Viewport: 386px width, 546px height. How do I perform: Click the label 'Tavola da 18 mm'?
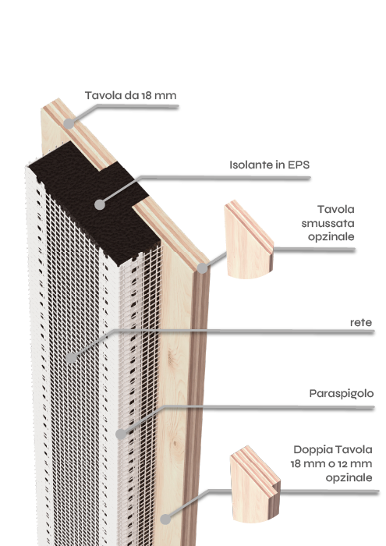point(130,95)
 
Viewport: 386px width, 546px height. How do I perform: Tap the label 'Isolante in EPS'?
point(269,165)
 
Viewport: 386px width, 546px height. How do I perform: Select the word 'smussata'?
point(328,223)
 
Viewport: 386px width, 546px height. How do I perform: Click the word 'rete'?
point(361,323)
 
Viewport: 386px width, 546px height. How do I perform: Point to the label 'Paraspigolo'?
point(342,394)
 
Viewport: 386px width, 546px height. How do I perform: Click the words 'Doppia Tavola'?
point(333,449)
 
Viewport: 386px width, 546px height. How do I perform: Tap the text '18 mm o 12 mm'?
point(331,464)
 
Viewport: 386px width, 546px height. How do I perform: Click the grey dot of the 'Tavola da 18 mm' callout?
point(69,123)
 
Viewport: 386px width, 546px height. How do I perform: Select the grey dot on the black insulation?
point(100,204)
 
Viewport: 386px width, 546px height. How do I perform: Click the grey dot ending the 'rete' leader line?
point(71,357)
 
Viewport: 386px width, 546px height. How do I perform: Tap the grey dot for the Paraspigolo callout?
point(121,434)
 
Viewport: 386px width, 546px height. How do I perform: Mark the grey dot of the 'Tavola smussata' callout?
point(202,268)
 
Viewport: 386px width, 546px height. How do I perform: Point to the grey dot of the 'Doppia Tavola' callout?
point(165,519)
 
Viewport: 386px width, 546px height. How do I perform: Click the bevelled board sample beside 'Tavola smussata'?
point(248,242)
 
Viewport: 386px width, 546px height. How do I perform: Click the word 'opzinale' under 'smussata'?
point(331,237)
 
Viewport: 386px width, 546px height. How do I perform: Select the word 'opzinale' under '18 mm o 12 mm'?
point(349,478)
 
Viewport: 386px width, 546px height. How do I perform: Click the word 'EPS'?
point(299,165)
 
